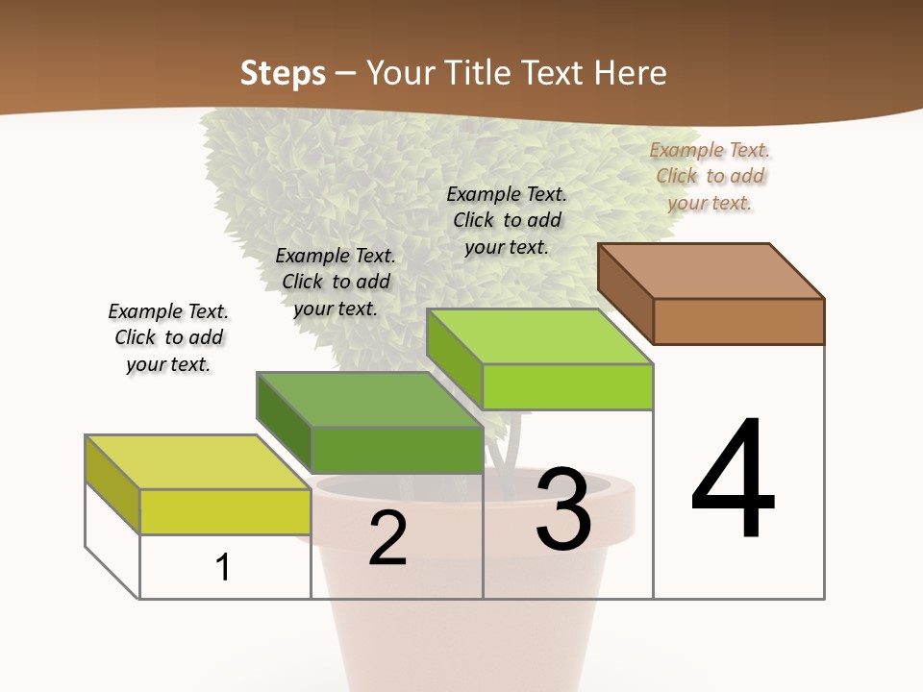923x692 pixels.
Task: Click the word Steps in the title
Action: pyautogui.click(x=283, y=73)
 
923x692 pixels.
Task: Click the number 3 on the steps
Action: pyautogui.click(x=562, y=509)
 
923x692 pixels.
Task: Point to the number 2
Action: pyautogui.click(x=388, y=539)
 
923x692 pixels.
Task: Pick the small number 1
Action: pyautogui.click(x=223, y=568)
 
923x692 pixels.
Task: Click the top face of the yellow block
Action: pyautogui.click(x=198, y=462)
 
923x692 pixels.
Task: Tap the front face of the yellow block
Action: pyautogui.click(x=225, y=511)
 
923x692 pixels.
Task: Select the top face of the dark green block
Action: pyautogui.click(x=369, y=399)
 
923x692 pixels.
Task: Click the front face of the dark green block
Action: pyautogui.click(x=396, y=450)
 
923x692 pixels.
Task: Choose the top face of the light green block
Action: pyautogui.click(x=539, y=336)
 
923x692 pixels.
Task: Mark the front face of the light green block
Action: pyautogui.click(x=567, y=386)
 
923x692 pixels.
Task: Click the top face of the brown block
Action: pyautogui.click(x=711, y=270)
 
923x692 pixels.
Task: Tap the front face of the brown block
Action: pyautogui.click(x=738, y=321)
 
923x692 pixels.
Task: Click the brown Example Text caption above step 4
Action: pyautogui.click(x=710, y=176)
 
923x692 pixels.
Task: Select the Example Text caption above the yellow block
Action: pyautogui.click(x=168, y=337)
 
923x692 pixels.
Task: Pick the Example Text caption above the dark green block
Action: pyautogui.click(x=336, y=282)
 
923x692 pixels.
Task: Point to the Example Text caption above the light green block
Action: pyautogui.click(x=507, y=220)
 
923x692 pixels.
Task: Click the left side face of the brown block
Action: pyautogui.click(x=626, y=293)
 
